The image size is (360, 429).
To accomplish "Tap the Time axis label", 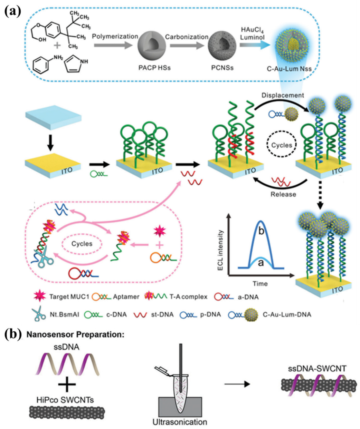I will (260, 283).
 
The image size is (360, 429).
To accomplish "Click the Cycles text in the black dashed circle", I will (282, 145).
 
